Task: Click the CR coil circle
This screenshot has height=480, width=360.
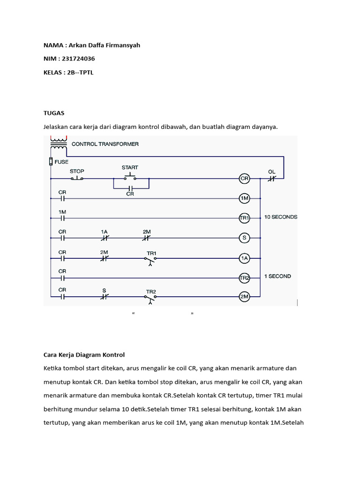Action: point(244,179)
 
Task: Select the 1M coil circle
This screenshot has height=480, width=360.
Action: point(244,198)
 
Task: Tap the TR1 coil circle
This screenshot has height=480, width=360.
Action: point(244,218)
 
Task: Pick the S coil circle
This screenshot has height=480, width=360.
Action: point(244,238)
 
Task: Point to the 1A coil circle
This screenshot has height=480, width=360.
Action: point(244,257)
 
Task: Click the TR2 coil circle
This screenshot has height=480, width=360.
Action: point(244,277)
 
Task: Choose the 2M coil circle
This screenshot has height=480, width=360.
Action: point(244,297)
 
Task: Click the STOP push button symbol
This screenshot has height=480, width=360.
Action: point(77,178)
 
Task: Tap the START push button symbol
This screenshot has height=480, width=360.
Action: point(130,177)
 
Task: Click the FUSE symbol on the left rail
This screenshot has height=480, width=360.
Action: point(50,162)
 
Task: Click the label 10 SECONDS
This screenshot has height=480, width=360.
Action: point(281,217)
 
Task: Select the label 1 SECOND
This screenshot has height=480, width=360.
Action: point(277,276)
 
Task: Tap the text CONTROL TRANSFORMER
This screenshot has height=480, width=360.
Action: point(105,144)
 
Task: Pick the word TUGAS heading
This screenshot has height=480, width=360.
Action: point(54,113)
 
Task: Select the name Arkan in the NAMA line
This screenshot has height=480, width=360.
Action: point(78,45)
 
